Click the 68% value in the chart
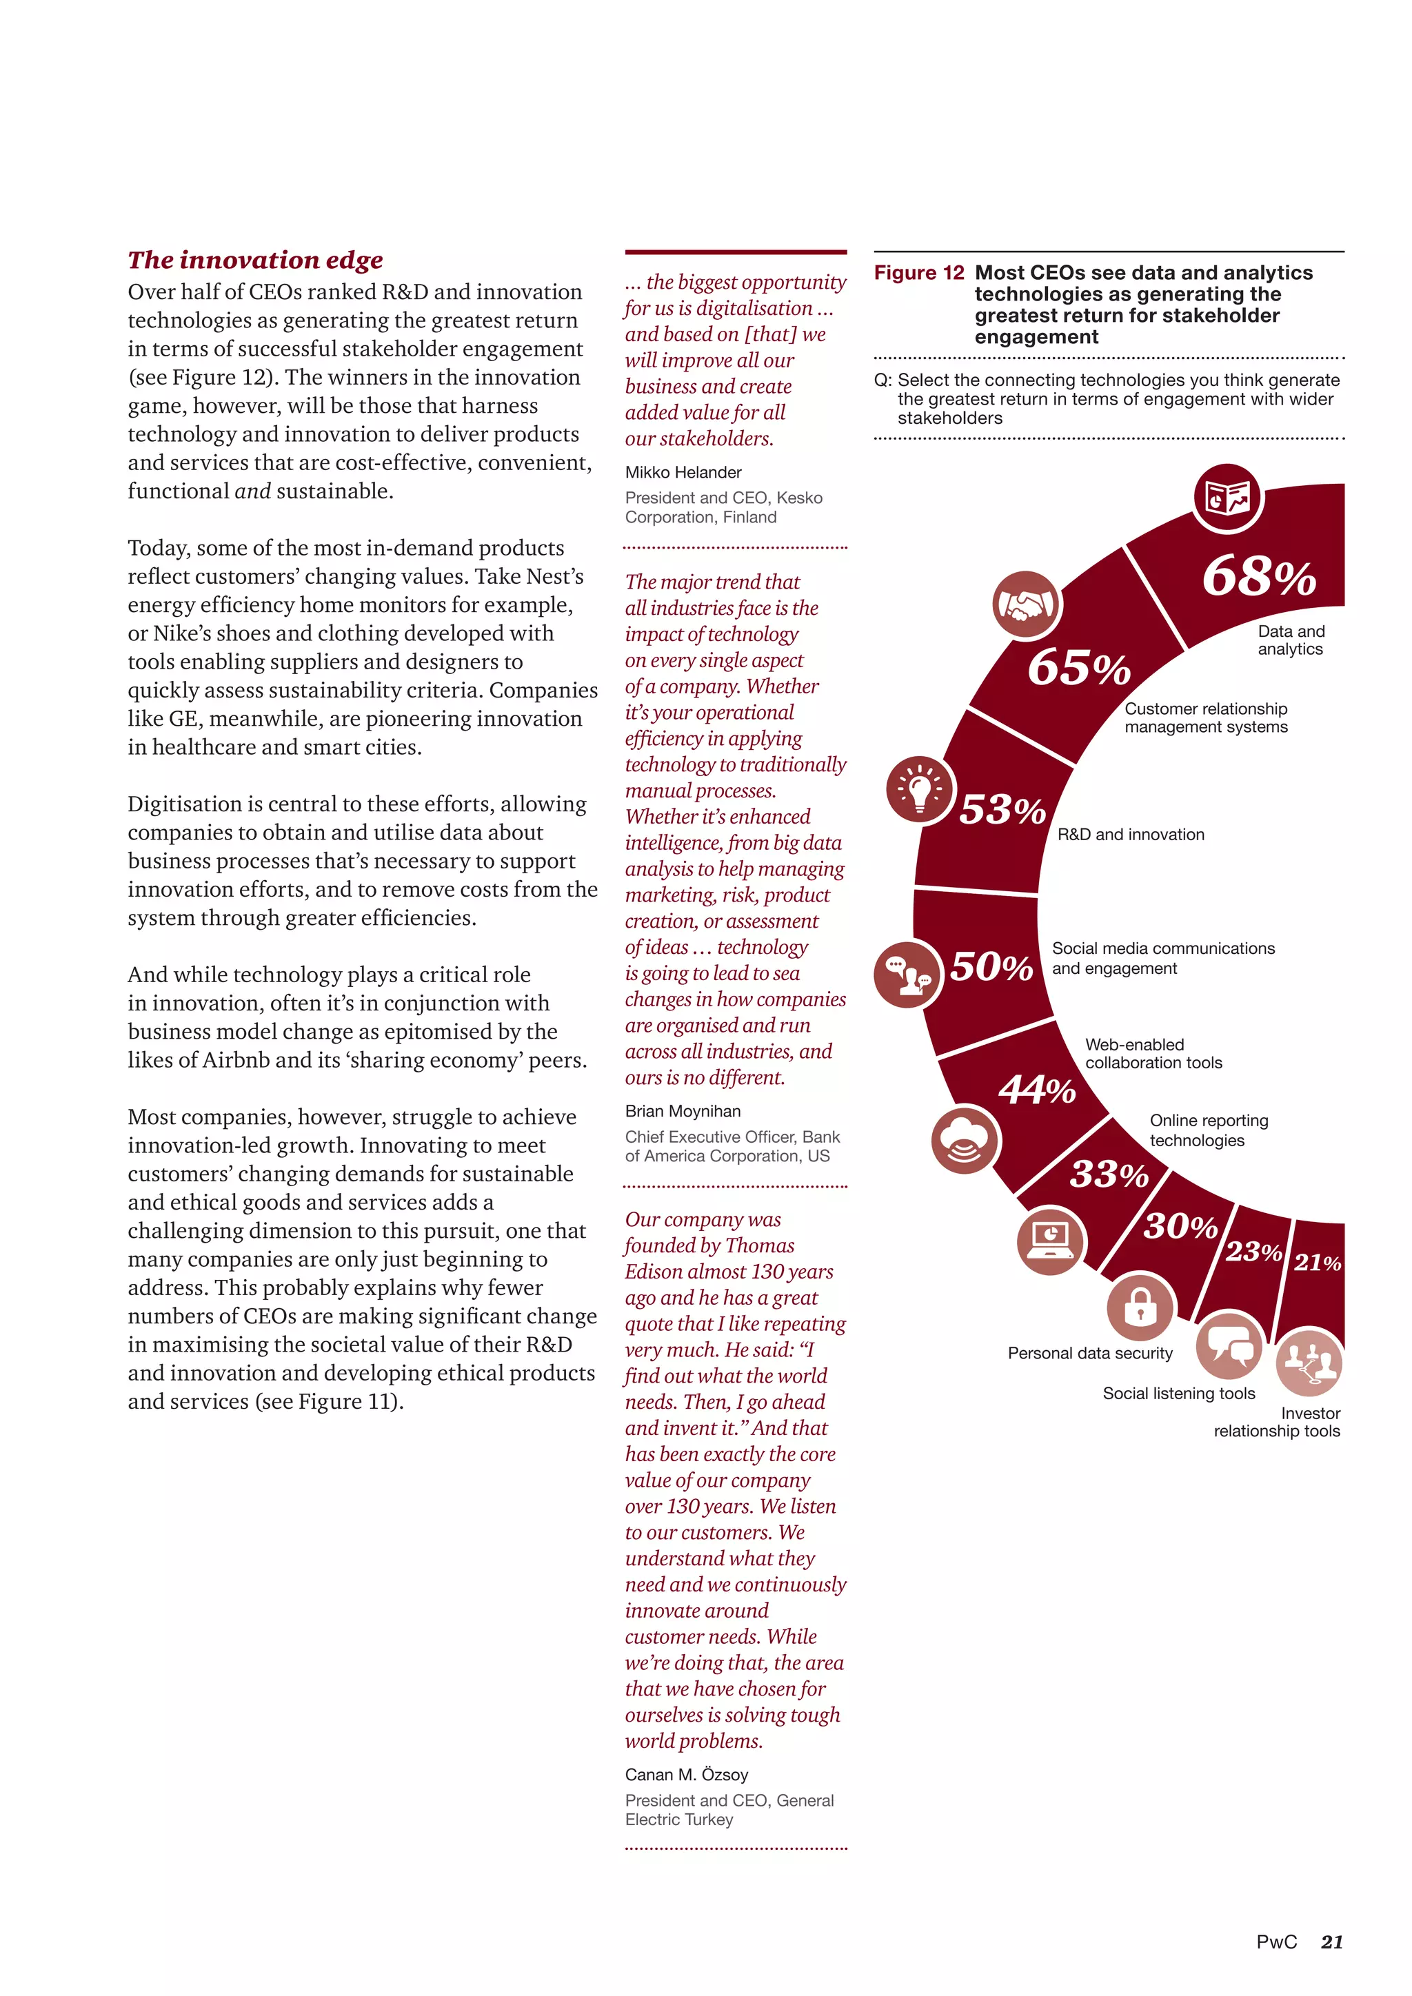pyautogui.click(x=1258, y=578)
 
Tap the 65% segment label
pyautogui.click(x=1079, y=669)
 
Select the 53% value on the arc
pyautogui.click(x=1002, y=811)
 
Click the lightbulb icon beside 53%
pyautogui.click(x=920, y=789)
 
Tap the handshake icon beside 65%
pyautogui.click(x=1027, y=605)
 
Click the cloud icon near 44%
pyautogui.click(x=965, y=1140)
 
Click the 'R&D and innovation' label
pyautogui.click(x=1130, y=835)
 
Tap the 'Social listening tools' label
pyautogui.click(x=1178, y=1394)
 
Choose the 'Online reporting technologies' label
pyautogui.click(x=1209, y=1130)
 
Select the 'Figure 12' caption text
pyautogui.click(x=919, y=273)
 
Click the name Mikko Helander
pyautogui.click(x=683, y=472)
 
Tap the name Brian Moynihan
pyautogui.click(x=683, y=1111)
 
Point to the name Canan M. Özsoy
pyautogui.click(x=686, y=1774)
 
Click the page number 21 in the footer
pyautogui.click(x=1331, y=1942)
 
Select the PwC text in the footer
pyautogui.click(x=1275, y=1942)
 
